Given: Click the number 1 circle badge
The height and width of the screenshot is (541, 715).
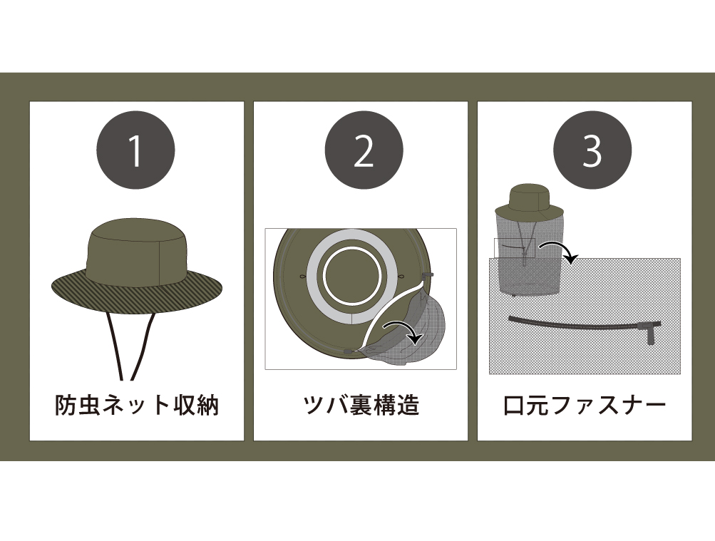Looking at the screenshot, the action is click(x=135, y=150).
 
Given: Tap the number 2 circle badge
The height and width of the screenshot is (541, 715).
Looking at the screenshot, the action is click(x=364, y=150).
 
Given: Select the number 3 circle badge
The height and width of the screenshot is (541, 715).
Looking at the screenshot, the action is click(x=592, y=150).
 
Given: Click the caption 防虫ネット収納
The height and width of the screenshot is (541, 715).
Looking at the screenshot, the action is click(x=137, y=405).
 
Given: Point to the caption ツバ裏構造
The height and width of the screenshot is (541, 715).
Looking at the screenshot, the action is click(x=361, y=405).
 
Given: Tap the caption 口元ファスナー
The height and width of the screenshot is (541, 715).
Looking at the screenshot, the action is click(x=585, y=405).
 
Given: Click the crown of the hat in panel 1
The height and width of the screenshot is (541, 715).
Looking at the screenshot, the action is click(x=137, y=251).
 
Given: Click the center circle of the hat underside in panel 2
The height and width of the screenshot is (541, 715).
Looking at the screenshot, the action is click(x=352, y=276).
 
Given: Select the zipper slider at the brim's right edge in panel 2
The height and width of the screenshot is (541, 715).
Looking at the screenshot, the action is click(x=427, y=275).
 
